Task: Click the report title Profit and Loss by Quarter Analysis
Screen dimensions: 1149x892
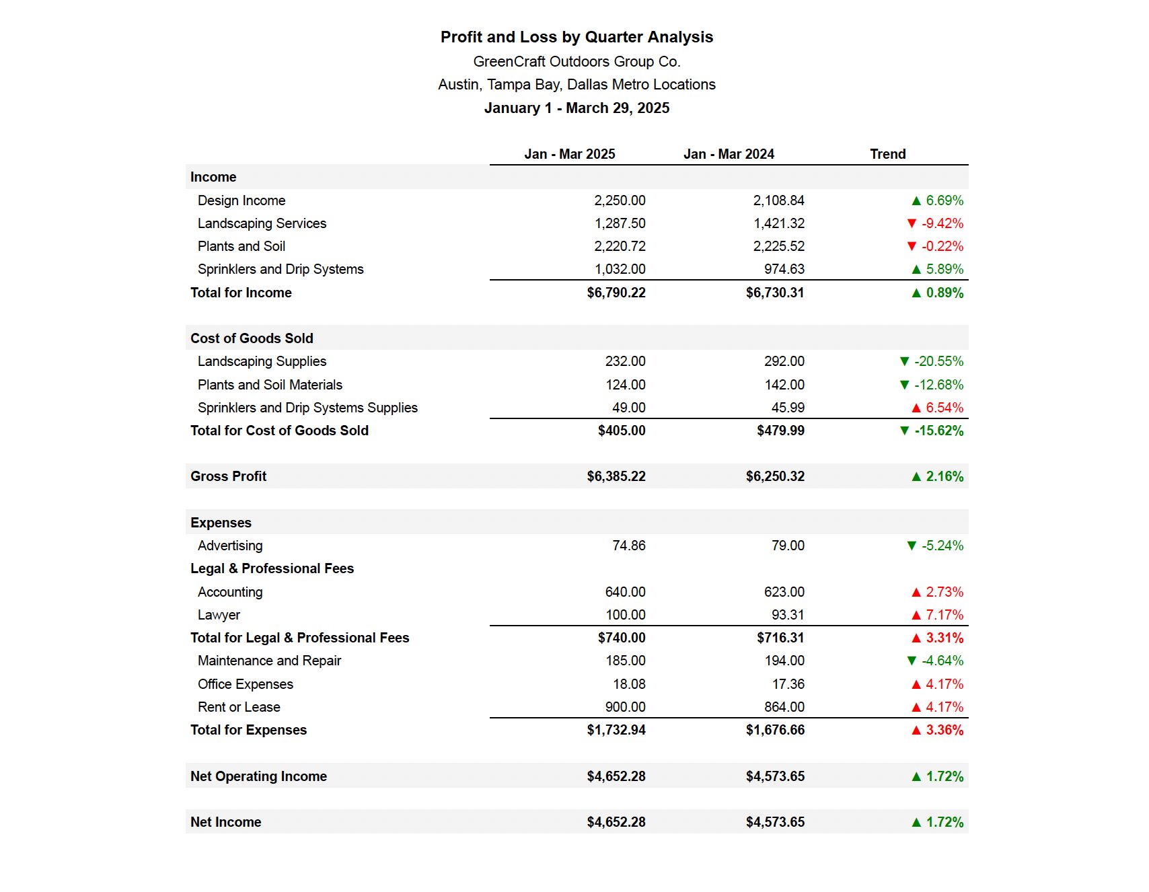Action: (x=577, y=37)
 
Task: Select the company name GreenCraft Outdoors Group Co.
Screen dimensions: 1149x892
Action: (x=577, y=61)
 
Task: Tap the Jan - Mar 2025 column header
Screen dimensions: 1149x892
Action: (x=570, y=154)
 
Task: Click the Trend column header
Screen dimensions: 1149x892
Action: (x=888, y=154)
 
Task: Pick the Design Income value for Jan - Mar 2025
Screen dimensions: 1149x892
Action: (x=620, y=200)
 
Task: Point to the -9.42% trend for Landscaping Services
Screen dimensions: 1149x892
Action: (x=942, y=223)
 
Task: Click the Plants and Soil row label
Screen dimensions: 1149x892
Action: (x=242, y=246)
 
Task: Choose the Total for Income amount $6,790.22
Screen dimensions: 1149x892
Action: (x=616, y=293)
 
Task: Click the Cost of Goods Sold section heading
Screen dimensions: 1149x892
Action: (x=252, y=338)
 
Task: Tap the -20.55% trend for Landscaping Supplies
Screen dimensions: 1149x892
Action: (x=938, y=361)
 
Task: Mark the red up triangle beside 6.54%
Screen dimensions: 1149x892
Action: (x=916, y=408)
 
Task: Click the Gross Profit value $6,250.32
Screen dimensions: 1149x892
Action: (x=775, y=476)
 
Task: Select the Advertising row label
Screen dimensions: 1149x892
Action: (x=230, y=546)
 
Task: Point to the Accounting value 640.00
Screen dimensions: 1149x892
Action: (x=625, y=592)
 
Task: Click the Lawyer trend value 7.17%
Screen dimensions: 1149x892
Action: (x=944, y=615)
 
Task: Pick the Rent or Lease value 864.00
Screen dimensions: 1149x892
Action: (x=784, y=707)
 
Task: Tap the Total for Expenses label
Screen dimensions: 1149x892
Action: (x=248, y=730)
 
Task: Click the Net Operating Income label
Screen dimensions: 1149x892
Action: (x=258, y=776)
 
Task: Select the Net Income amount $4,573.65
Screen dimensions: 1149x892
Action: (x=775, y=822)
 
